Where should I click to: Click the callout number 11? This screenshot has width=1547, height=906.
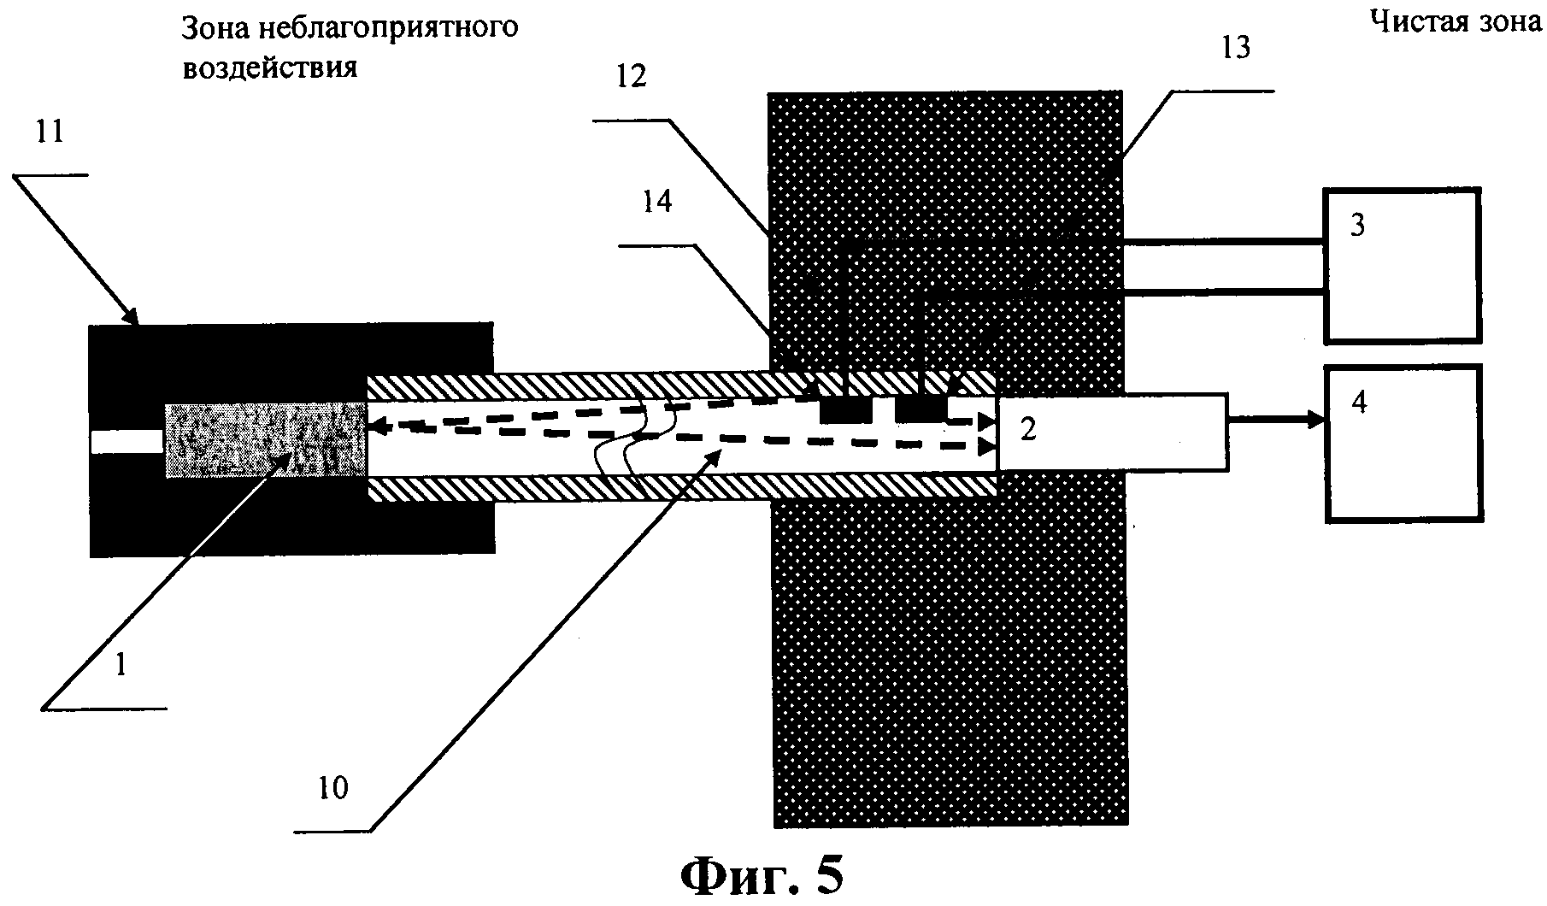[50, 134]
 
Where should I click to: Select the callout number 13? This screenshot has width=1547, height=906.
[1236, 47]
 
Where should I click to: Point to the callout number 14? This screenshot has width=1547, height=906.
[657, 203]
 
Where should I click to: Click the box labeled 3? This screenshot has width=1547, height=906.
[1402, 266]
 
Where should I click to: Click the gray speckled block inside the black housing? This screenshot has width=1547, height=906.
[265, 439]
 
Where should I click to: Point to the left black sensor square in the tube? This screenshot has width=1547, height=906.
[845, 411]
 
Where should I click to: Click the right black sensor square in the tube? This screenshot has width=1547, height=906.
[921, 411]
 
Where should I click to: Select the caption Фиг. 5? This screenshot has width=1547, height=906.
[762, 876]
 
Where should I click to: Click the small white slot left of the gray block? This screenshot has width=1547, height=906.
[127, 442]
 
